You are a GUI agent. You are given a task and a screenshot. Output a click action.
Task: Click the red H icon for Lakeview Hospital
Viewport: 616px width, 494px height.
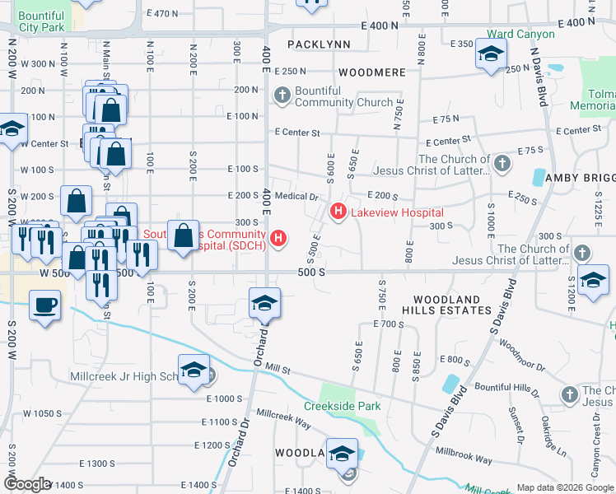pos(338,212)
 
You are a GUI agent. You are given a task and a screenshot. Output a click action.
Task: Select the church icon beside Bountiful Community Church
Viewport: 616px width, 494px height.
pos(282,96)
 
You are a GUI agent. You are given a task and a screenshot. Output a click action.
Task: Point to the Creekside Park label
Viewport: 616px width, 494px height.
pos(342,406)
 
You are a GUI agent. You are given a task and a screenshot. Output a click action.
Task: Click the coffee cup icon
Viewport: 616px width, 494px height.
pos(44,305)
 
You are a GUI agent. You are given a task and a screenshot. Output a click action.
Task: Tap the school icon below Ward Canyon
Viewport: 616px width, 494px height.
pos(490,55)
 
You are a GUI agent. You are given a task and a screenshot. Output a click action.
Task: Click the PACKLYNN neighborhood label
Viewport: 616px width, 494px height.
pos(319,44)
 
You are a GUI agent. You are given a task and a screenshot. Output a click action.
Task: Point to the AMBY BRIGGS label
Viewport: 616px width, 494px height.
pos(585,179)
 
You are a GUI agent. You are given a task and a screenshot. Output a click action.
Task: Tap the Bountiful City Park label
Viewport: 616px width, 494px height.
pos(41,21)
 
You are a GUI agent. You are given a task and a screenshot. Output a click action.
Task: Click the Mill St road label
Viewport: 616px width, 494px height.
pos(281,370)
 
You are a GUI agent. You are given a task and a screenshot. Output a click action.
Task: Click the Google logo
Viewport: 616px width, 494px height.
pos(27,484)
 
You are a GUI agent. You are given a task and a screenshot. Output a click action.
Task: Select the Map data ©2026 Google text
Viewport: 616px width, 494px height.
pos(565,487)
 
